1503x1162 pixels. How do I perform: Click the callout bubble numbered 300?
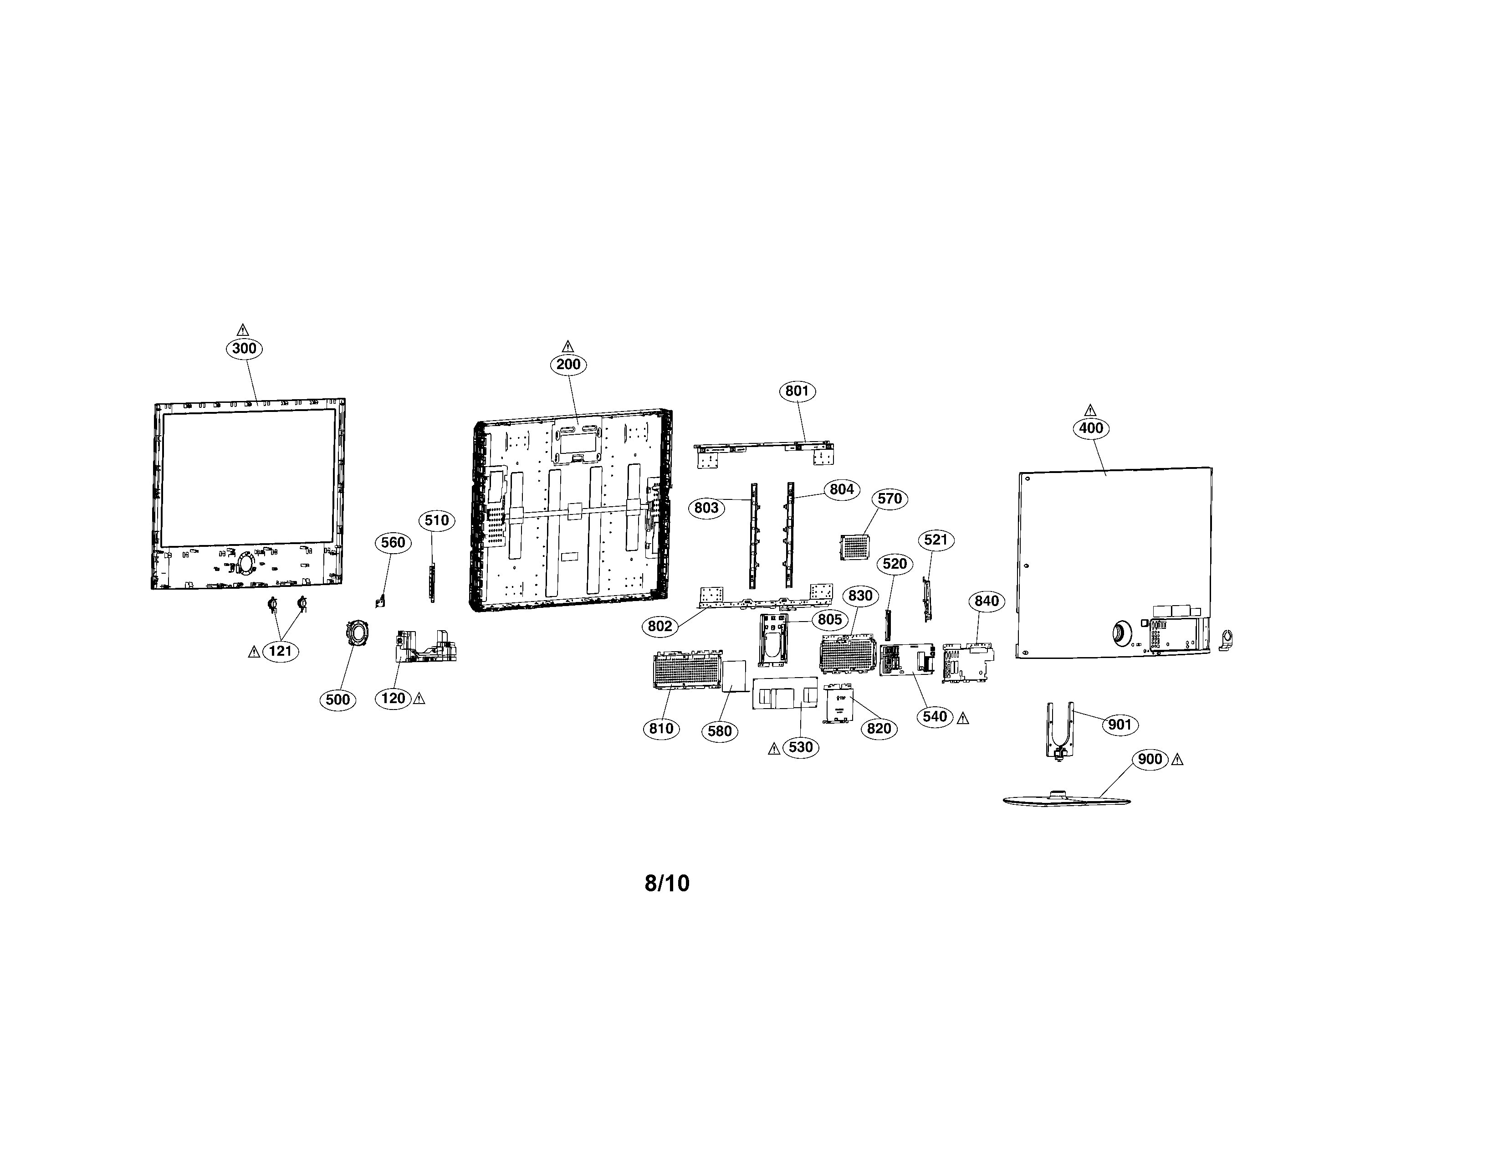click(244, 348)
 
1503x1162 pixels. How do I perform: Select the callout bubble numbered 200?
click(568, 364)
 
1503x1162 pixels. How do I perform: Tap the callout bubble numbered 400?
click(1091, 428)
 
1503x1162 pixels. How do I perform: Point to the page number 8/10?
click(667, 883)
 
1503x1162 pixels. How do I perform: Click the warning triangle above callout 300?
click(242, 329)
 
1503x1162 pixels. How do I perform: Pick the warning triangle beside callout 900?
click(1177, 760)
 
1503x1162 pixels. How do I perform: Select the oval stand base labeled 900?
click(1067, 798)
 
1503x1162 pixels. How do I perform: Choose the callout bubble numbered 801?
click(797, 391)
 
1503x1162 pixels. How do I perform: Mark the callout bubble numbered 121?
click(281, 651)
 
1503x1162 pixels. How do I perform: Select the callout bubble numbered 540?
click(935, 717)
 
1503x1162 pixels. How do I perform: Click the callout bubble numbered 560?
click(393, 542)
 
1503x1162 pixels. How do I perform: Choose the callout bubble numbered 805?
click(830, 620)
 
